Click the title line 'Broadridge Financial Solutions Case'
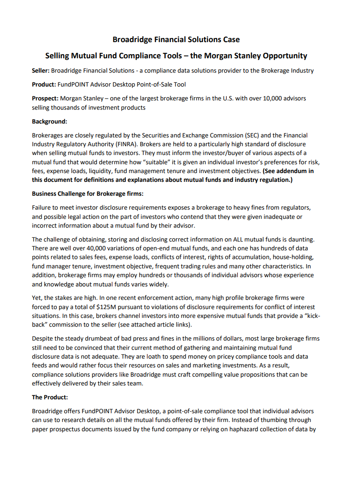tap(176, 39)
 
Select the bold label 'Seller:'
tap(41, 71)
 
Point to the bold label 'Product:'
tap(44, 85)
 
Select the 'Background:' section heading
tap(50, 122)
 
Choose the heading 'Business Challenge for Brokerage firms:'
tap(88, 193)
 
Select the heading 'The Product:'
tap(50, 397)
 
